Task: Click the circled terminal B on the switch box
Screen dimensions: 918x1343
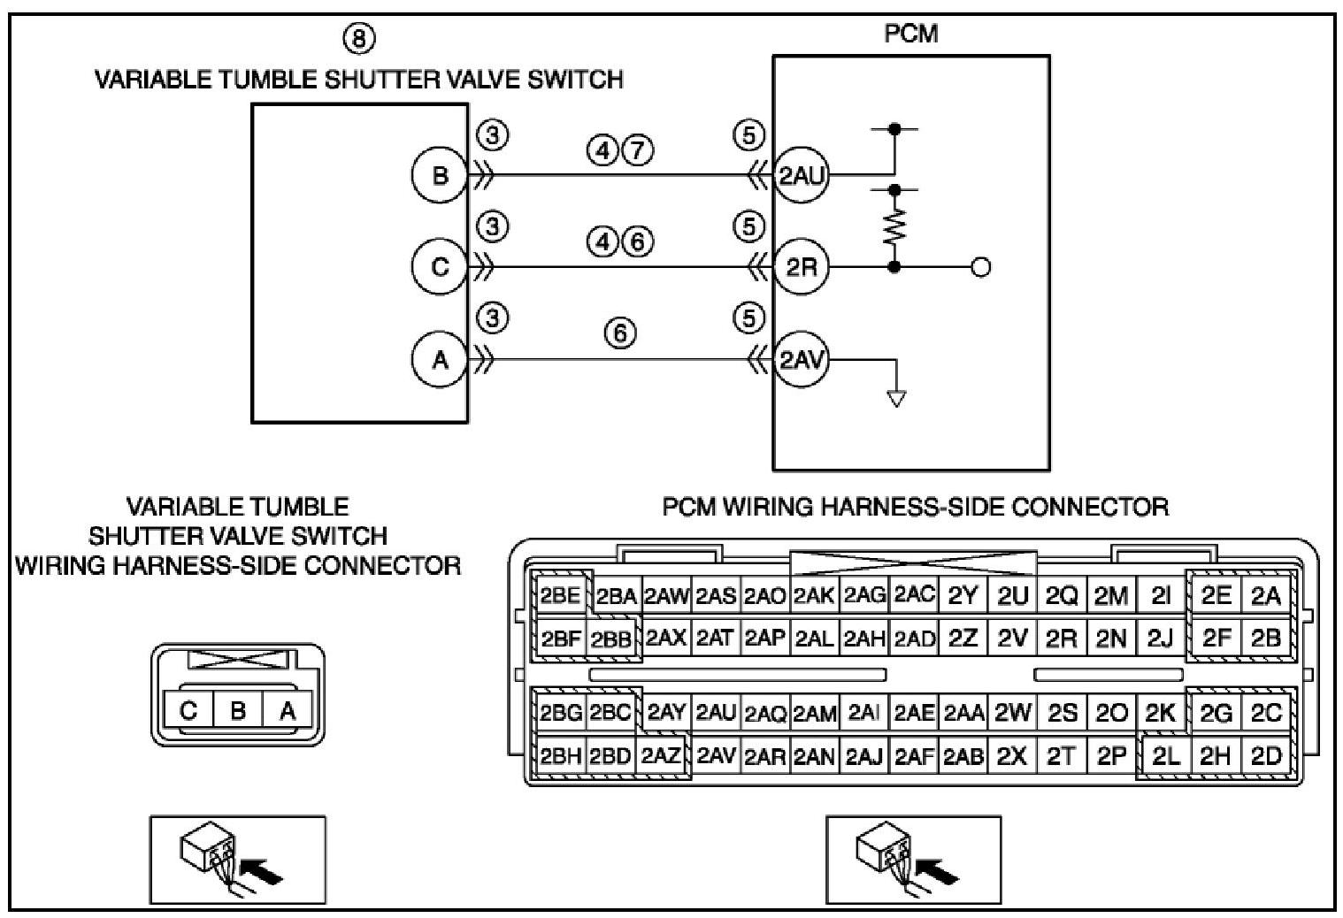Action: pos(440,175)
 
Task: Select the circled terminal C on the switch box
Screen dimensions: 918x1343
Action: pos(440,266)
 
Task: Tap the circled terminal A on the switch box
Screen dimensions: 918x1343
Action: pos(440,360)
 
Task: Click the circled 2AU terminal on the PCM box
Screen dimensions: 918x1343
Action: pos(801,175)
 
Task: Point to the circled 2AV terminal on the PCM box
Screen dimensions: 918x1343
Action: pos(801,360)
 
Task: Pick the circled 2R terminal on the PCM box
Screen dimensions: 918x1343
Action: pos(801,266)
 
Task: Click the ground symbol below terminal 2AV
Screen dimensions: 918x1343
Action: pos(896,397)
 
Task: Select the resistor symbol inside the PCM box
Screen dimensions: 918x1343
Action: pos(895,228)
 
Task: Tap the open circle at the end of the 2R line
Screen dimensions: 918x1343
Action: pos(980,266)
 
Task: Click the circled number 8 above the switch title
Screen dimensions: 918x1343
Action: pos(358,38)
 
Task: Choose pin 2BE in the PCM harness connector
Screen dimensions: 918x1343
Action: pos(559,596)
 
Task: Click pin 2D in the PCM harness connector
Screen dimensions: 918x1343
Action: pos(1266,757)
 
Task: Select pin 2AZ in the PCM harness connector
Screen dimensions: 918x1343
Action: pos(661,757)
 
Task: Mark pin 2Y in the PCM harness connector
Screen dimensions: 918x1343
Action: pos(963,596)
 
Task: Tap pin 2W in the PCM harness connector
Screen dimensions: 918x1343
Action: pos(1012,713)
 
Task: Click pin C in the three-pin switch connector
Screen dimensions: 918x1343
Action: pos(188,710)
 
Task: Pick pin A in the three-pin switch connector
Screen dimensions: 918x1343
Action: pos(287,710)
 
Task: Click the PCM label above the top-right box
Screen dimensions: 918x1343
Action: pos(911,34)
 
